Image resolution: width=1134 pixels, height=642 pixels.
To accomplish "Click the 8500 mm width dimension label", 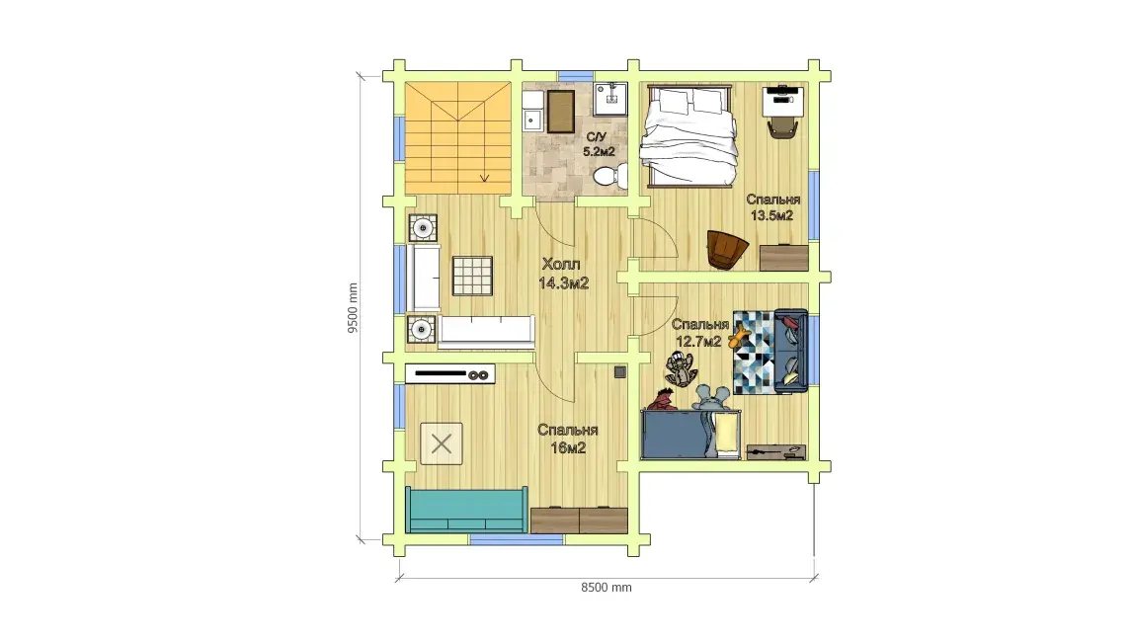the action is [x=607, y=587].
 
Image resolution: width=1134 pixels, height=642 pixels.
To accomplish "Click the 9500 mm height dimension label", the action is [x=353, y=307].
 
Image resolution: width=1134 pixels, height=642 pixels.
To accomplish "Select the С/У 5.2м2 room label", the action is [x=599, y=144].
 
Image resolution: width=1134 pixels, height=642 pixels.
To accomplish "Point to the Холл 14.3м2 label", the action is [x=563, y=274].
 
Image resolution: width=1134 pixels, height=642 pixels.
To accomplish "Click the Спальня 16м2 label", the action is [x=568, y=439].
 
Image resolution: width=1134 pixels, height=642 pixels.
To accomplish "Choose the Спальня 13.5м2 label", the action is [x=773, y=207].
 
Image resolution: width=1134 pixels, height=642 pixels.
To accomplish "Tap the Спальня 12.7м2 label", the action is [x=699, y=333].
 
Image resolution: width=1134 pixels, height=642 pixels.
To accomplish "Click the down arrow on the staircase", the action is [x=484, y=177].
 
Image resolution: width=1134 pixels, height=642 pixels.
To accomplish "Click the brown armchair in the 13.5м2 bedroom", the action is [x=727, y=250].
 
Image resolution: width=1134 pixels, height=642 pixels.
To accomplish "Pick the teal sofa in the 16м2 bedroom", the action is [x=466, y=510].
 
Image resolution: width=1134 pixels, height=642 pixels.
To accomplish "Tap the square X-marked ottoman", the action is [x=442, y=443].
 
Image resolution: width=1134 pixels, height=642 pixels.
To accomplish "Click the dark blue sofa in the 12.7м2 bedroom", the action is [x=790, y=351].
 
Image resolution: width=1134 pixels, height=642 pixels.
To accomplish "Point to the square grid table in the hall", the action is [x=472, y=276].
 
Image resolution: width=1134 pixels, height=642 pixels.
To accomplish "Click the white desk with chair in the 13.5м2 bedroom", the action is [x=782, y=110].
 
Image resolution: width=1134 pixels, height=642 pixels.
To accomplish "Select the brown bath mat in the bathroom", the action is [x=560, y=112].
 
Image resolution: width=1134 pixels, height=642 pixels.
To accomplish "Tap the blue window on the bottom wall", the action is [x=517, y=539].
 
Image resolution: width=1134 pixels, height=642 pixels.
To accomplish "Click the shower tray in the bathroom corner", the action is [x=610, y=100].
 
